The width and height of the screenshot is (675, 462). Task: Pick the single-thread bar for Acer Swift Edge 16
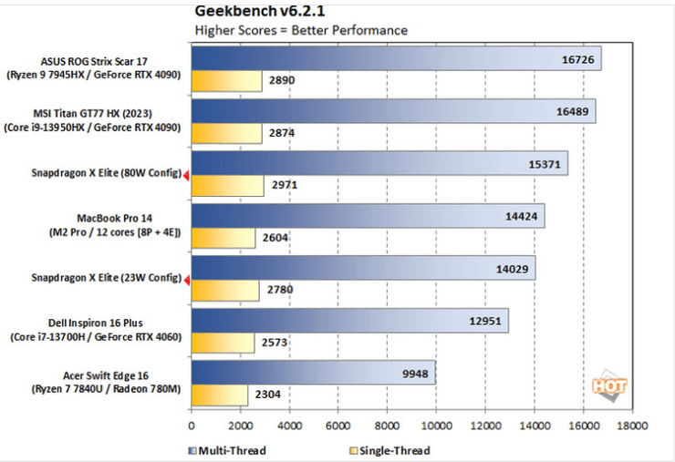[x=220, y=395]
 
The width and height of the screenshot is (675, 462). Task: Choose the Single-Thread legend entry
[x=389, y=450]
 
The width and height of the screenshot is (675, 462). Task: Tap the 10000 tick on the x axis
[x=437, y=426]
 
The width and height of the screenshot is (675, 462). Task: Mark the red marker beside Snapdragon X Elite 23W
[x=186, y=280]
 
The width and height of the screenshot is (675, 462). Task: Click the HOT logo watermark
[x=609, y=385]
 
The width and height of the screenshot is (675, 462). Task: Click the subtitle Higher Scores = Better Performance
[x=301, y=30]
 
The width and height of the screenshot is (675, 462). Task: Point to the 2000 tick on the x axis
[x=240, y=426]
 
